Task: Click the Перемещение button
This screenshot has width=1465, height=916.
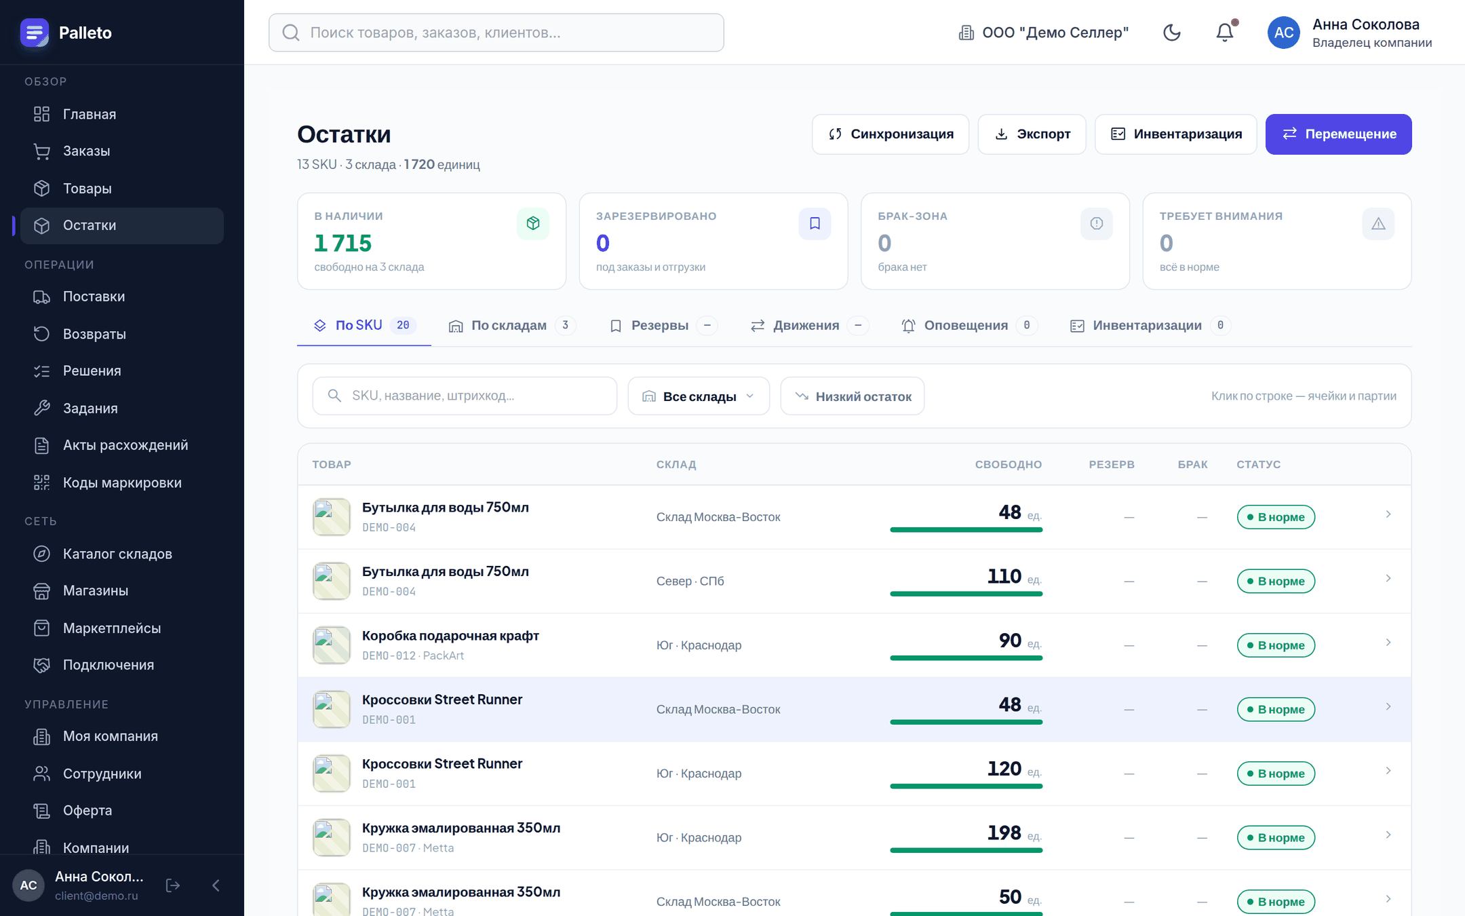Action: point(1338,134)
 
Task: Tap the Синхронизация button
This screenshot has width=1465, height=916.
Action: point(891,134)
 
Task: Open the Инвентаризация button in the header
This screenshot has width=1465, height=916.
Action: point(1176,134)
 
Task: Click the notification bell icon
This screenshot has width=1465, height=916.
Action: point(1225,33)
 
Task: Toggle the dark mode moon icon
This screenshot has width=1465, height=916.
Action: point(1172,33)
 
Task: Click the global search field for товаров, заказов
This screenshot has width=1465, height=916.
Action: point(496,33)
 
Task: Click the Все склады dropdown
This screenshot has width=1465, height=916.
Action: point(699,396)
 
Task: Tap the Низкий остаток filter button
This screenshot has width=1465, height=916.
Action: point(853,396)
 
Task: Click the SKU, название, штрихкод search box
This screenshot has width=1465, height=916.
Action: point(465,396)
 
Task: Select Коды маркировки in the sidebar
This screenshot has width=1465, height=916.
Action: point(122,482)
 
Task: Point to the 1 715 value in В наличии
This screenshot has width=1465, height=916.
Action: point(343,243)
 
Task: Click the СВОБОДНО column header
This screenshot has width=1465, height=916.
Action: point(1009,465)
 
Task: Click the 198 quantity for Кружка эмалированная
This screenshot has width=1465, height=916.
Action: point(1004,833)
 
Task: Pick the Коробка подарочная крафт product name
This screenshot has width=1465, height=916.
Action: point(450,636)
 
